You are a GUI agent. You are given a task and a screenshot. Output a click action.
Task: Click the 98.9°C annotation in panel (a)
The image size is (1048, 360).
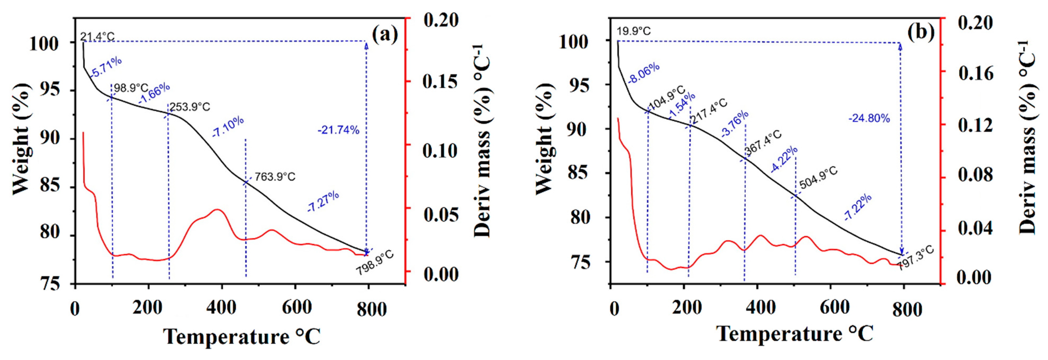(x=131, y=88)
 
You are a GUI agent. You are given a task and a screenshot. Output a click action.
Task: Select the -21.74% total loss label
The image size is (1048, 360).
(x=339, y=130)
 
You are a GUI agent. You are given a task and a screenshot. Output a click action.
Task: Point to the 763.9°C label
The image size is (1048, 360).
(x=275, y=177)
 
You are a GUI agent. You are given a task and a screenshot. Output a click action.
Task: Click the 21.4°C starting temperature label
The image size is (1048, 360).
(x=97, y=37)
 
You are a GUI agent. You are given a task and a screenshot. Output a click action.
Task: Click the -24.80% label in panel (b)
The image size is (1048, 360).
(x=869, y=118)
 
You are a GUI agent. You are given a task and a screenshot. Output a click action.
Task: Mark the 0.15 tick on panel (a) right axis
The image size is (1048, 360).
(x=440, y=81)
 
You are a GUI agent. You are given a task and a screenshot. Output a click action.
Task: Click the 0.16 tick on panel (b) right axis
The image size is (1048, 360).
(x=976, y=73)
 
